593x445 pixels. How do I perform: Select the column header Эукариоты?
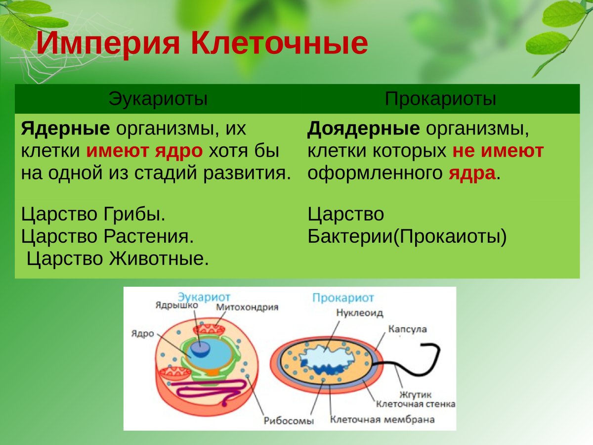[158, 99]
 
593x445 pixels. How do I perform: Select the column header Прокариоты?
[440, 99]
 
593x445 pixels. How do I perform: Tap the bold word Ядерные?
[65, 129]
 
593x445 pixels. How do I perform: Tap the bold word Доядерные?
[364, 129]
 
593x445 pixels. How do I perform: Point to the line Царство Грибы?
[93, 215]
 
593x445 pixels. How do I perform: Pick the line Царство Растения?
[107, 236]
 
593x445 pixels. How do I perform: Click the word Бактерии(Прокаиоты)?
[407, 236]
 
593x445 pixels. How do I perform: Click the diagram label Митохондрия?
[247, 307]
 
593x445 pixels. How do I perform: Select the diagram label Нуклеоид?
[359, 312]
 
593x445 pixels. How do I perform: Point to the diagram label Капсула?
[407, 329]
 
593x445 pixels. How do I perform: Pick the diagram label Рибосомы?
[289, 421]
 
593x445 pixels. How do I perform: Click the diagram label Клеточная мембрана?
[382, 420]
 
